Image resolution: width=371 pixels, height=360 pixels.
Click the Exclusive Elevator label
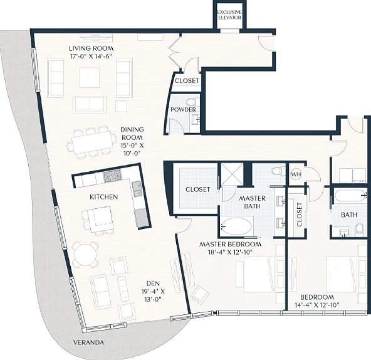click(229, 14)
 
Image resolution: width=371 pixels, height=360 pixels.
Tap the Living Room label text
click(91, 48)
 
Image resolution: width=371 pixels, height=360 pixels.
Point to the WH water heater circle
click(296, 174)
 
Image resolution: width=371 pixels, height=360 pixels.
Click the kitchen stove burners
click(112, 176)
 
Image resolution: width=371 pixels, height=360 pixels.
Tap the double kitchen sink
click(137, 189)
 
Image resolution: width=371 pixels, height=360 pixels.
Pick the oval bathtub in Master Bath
click(236, 226)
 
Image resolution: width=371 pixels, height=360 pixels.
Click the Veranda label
click(88, 342)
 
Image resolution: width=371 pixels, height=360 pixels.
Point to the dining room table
click(92, 143)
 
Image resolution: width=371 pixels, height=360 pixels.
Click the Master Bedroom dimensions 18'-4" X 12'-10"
click(231, 252)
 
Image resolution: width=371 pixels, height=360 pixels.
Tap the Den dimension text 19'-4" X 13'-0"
click(153, 295)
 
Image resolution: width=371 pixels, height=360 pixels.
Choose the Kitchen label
click(103, 197)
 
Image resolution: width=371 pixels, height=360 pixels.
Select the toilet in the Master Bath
click(278, 171)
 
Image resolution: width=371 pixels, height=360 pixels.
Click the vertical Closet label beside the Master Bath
click(300, 214)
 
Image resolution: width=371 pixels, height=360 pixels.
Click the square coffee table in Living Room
click(90, 77)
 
